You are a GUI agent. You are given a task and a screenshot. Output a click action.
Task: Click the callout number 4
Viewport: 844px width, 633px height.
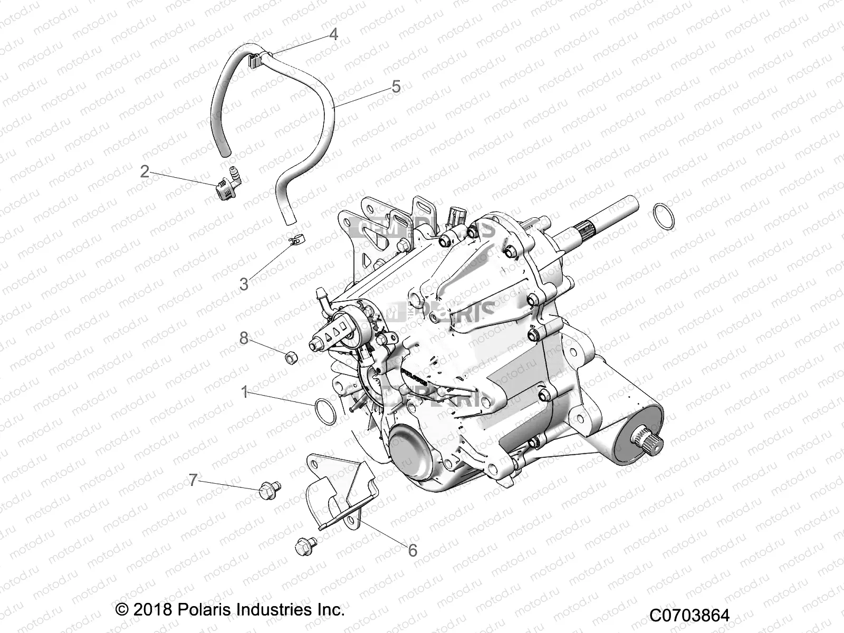point(333,34)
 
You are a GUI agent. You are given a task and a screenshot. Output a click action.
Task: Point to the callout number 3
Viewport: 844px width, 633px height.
point(244,284)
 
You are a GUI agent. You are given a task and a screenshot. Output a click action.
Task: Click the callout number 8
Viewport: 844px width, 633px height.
point(244,338)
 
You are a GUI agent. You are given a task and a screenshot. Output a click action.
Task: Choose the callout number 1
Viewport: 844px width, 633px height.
point(244,392)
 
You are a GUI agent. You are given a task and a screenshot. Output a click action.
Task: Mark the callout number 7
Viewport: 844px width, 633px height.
point(194,480)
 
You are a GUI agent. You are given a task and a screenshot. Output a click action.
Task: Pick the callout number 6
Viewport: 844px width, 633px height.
point(413,550)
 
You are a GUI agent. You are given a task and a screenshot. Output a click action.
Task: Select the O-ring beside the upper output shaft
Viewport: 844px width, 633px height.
point(663,216)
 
